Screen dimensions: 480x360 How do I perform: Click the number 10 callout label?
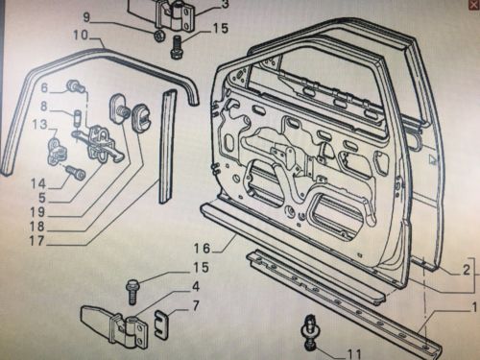[81, 35]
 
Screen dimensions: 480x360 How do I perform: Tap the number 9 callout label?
[86, 17]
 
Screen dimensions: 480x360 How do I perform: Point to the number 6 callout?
[44, 87]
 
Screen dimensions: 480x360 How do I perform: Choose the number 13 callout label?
[39, 124]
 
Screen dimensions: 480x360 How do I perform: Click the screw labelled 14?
[78, 173]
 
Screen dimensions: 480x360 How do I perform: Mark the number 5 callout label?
[42, 198]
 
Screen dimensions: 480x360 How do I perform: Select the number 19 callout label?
[38, 211]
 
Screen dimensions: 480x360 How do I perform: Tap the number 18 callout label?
[37, 227]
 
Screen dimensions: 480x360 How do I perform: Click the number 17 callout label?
[37, 241]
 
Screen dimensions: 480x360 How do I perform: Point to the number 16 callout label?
[203, 248]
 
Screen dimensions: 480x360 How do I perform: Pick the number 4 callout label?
[196, 287]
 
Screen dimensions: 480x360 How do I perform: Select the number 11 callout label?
[353, 354]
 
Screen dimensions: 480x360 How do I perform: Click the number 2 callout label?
[467, 271]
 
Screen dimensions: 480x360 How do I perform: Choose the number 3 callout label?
[226, 5]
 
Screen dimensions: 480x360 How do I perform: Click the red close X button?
[474, 5]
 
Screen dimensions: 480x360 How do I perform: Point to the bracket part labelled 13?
[56, 151]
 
